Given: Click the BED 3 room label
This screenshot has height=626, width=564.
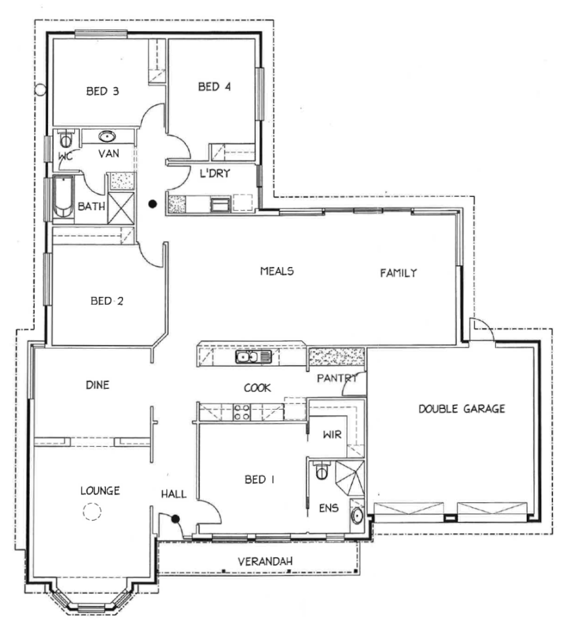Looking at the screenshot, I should pos(103,91).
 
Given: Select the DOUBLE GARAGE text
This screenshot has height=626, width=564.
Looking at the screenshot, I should pos(461,409).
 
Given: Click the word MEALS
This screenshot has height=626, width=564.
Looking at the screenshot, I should pos(277,271).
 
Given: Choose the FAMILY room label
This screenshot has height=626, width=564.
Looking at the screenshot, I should pos(399,273).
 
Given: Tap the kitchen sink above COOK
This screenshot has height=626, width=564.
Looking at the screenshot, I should pos(253,357).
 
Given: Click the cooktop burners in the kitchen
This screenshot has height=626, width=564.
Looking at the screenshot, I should pos(242,412).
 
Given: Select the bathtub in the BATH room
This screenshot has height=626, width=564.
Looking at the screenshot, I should pos(63,197).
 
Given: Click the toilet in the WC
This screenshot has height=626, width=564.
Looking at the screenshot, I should pos(66,140).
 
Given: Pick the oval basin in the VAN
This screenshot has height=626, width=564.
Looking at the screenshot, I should pos(107,137).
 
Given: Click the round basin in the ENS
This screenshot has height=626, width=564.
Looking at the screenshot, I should pos(356,517).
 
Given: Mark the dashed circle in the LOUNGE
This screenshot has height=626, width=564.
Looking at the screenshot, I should pos(91,512).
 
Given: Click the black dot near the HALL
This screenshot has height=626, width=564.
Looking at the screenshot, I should pos(175,519).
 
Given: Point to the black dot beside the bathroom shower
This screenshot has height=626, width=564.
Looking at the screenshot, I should pos(153,203).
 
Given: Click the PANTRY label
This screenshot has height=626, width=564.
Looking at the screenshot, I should pos(336,379).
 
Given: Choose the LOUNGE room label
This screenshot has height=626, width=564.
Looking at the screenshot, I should pos(99,491).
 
